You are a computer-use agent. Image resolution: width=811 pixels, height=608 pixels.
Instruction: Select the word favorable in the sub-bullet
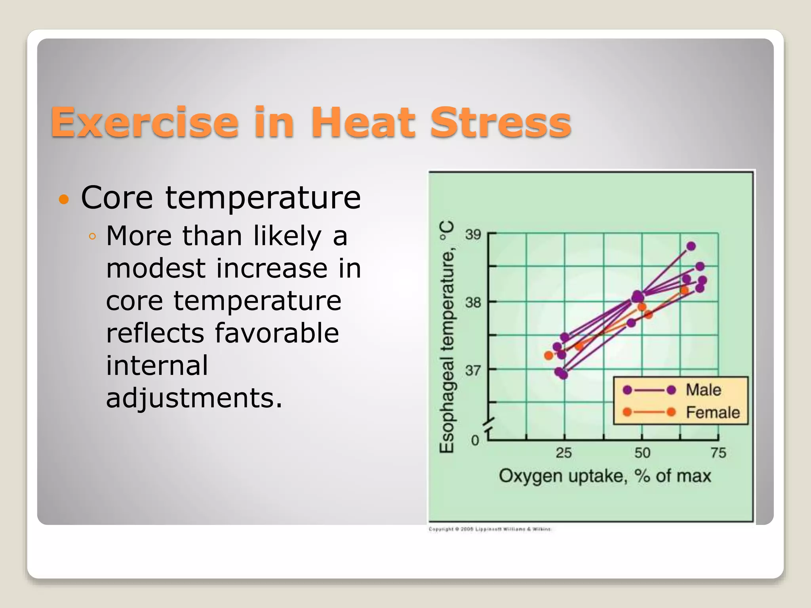pos(277,333)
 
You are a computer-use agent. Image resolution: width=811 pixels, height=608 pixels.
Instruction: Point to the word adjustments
pos(194,398)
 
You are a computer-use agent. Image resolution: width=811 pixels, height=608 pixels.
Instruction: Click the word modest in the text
pos(156,268)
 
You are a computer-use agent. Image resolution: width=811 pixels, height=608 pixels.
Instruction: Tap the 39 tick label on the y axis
pos(473,234)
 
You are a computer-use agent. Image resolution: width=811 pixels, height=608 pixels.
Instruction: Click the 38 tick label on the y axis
pos(473,303)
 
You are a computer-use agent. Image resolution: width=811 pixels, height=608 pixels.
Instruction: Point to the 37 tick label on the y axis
pos(473,371)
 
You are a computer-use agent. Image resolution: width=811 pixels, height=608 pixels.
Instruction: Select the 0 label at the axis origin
pos(475,440)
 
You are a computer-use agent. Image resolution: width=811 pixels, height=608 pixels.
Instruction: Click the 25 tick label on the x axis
pos(564,453)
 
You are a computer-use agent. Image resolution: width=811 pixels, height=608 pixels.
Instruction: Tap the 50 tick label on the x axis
pos(642,453)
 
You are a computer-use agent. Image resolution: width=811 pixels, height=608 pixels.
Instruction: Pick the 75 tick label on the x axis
pos(718,453)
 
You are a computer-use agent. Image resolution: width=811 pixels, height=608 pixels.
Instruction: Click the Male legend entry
pos(703,390)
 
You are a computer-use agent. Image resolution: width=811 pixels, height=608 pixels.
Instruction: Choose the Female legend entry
pos(712,412)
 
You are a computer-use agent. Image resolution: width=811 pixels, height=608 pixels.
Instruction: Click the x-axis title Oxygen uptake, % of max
pos(605,476)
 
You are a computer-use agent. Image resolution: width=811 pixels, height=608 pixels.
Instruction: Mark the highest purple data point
pos(691,246)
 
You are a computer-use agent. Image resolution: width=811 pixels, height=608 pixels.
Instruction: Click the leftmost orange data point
pos(548,355)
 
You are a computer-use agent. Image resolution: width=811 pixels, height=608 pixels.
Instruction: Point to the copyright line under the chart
pos(490,529)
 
